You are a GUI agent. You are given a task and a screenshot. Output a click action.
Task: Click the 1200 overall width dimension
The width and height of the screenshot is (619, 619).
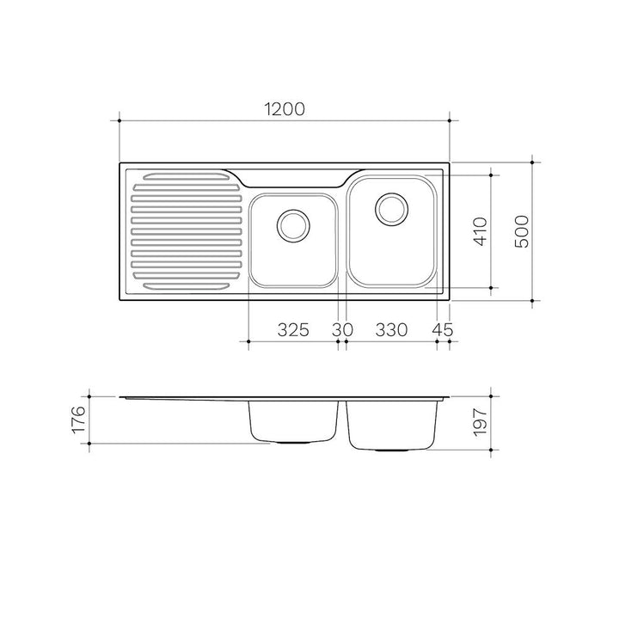coord(285,109)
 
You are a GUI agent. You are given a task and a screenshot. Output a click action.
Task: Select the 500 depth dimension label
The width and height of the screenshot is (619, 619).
coord(522,231)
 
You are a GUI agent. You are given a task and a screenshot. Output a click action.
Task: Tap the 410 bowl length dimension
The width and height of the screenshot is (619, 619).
coord(481,231)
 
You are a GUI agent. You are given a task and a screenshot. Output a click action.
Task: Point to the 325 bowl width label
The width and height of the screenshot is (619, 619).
coord(293,329)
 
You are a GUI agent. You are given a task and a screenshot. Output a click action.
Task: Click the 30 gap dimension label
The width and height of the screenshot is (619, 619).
coord(342,329)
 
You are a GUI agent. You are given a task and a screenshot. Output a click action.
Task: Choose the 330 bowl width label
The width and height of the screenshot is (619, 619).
coord(391,329)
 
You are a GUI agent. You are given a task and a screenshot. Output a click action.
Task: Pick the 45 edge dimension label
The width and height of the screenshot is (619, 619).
coord(443,329)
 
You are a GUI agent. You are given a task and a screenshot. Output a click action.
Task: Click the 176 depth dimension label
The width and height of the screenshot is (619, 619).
coord(78,420)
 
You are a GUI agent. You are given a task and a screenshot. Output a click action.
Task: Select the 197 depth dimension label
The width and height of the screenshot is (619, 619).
coord(481,422)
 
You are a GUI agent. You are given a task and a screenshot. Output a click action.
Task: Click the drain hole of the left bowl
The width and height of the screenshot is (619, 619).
coord(293,226)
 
